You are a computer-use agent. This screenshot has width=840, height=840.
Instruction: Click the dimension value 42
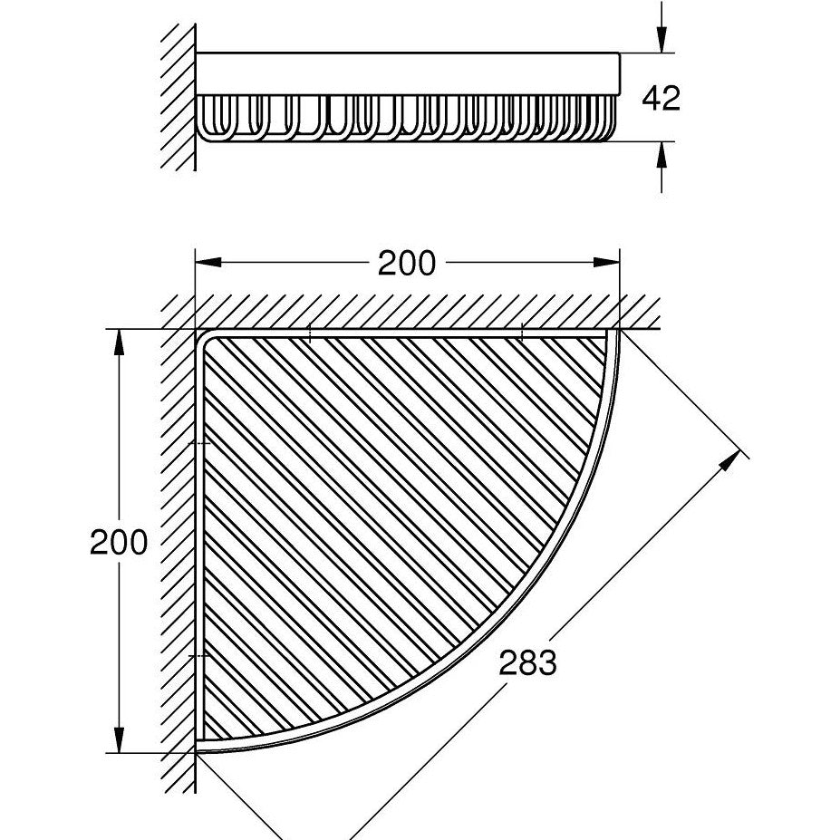tap(660, 98)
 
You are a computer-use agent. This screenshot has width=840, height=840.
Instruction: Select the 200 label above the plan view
tap(407, 264)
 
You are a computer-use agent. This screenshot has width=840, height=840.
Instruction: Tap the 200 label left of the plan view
tap(118, 543)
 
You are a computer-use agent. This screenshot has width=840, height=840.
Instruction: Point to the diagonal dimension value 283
tap(527, 663)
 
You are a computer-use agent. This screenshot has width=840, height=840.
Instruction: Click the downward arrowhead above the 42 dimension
tap(662, 42)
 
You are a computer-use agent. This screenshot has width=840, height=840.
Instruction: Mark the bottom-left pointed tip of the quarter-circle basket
tap(199, 750)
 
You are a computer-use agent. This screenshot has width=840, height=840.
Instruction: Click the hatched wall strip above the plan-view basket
tap(408, 312)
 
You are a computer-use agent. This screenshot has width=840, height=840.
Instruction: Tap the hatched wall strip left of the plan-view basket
tap(178, 544)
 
